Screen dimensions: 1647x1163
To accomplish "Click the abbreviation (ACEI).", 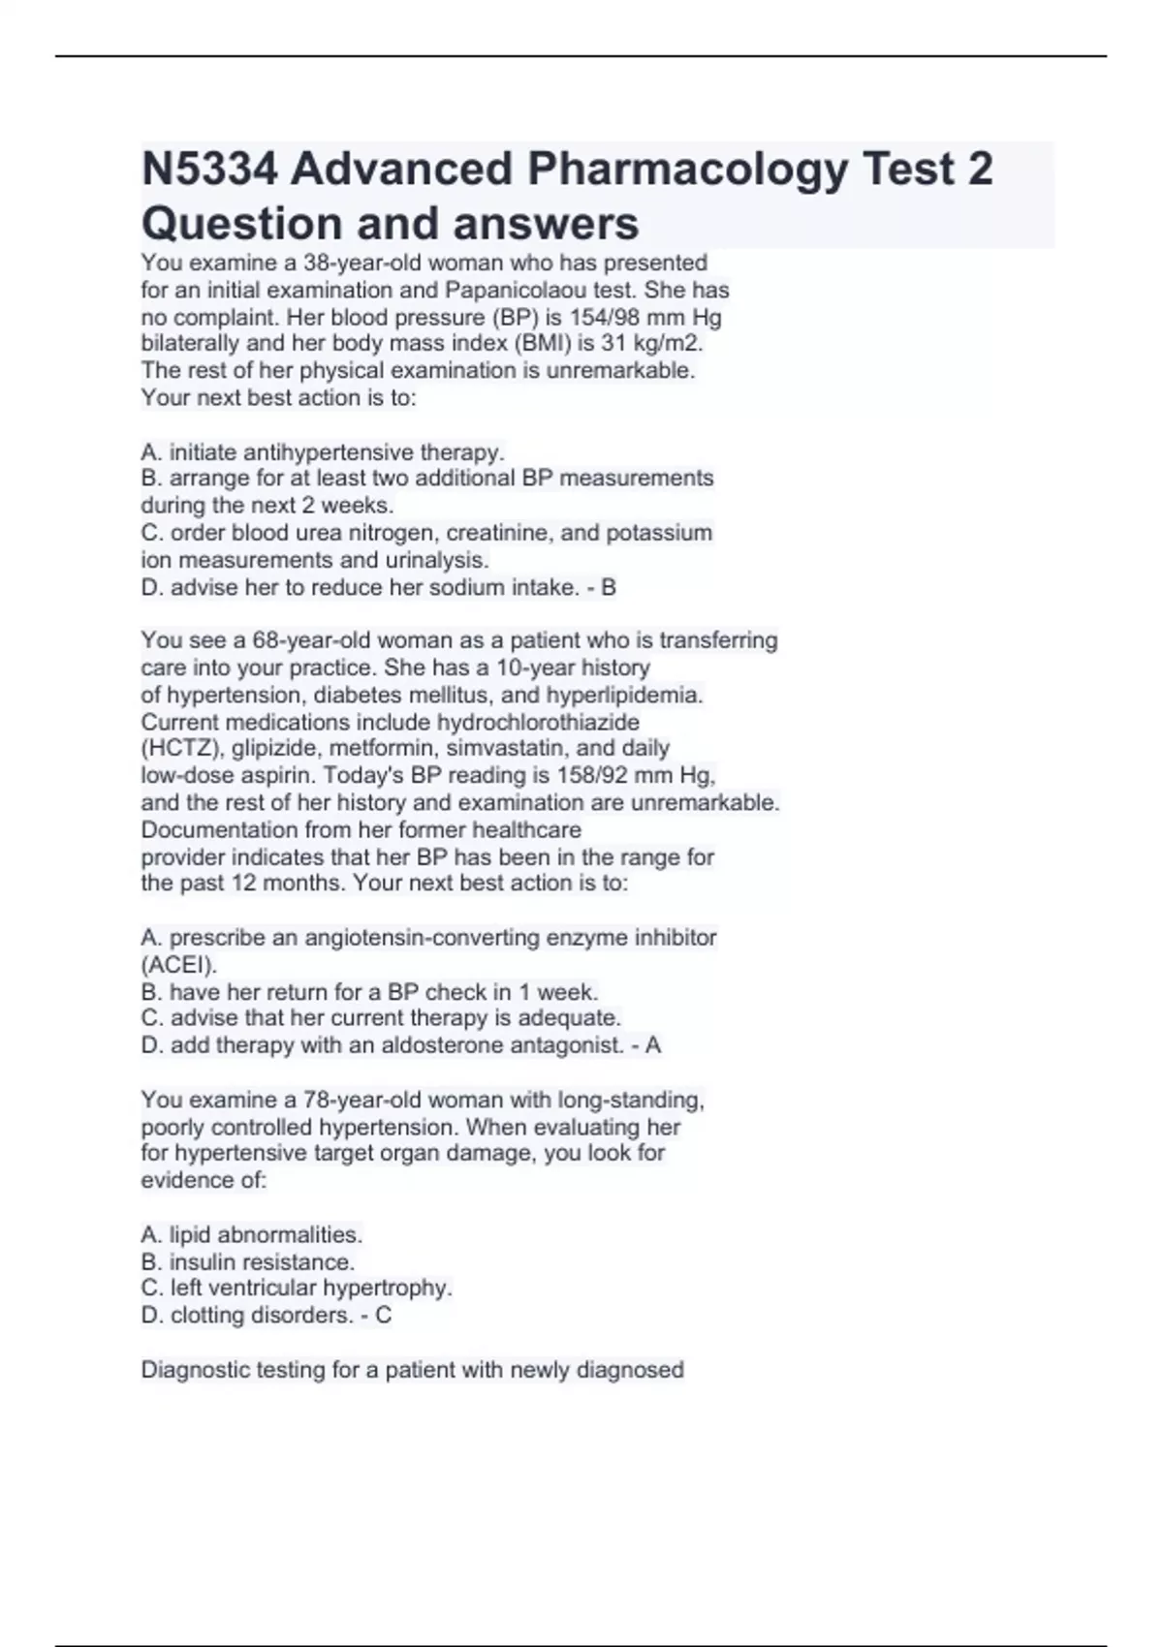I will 179,965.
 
